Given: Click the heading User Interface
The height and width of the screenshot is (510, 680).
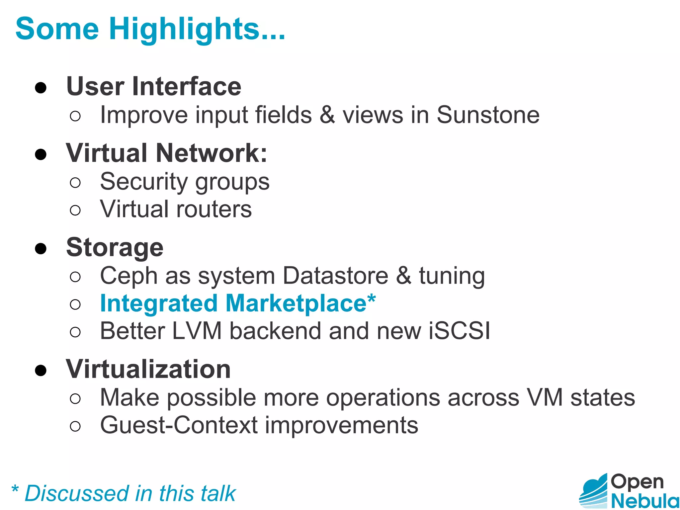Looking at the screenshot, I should (x=154, y=87).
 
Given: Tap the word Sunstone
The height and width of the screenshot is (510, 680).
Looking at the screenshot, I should (x=488, y=115).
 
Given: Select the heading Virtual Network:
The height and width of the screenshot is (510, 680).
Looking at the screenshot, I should (x=166, y=153).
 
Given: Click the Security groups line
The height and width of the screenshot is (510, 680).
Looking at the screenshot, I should (x=185, y=182).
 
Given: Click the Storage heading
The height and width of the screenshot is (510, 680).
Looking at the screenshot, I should (x=115, y=248).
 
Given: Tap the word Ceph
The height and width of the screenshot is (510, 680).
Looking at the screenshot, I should (x=128, y=276).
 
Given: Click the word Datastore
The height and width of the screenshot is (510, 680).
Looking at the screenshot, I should (x=335, y=276).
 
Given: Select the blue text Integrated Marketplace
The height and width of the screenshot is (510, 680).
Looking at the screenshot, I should (x=237, y=303).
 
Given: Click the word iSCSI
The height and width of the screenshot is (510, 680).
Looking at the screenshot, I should (x=459, y=331).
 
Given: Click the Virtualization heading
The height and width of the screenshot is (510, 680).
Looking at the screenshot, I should (x=148, y=369).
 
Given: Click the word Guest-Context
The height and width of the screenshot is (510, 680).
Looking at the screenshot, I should (x=179, y=425).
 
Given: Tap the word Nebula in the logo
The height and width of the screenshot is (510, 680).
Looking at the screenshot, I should (x=644, y=500).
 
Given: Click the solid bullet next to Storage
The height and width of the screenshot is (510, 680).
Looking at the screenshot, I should (x=41, y=248).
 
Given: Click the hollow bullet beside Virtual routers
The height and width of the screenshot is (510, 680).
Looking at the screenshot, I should (x=75, y=210).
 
